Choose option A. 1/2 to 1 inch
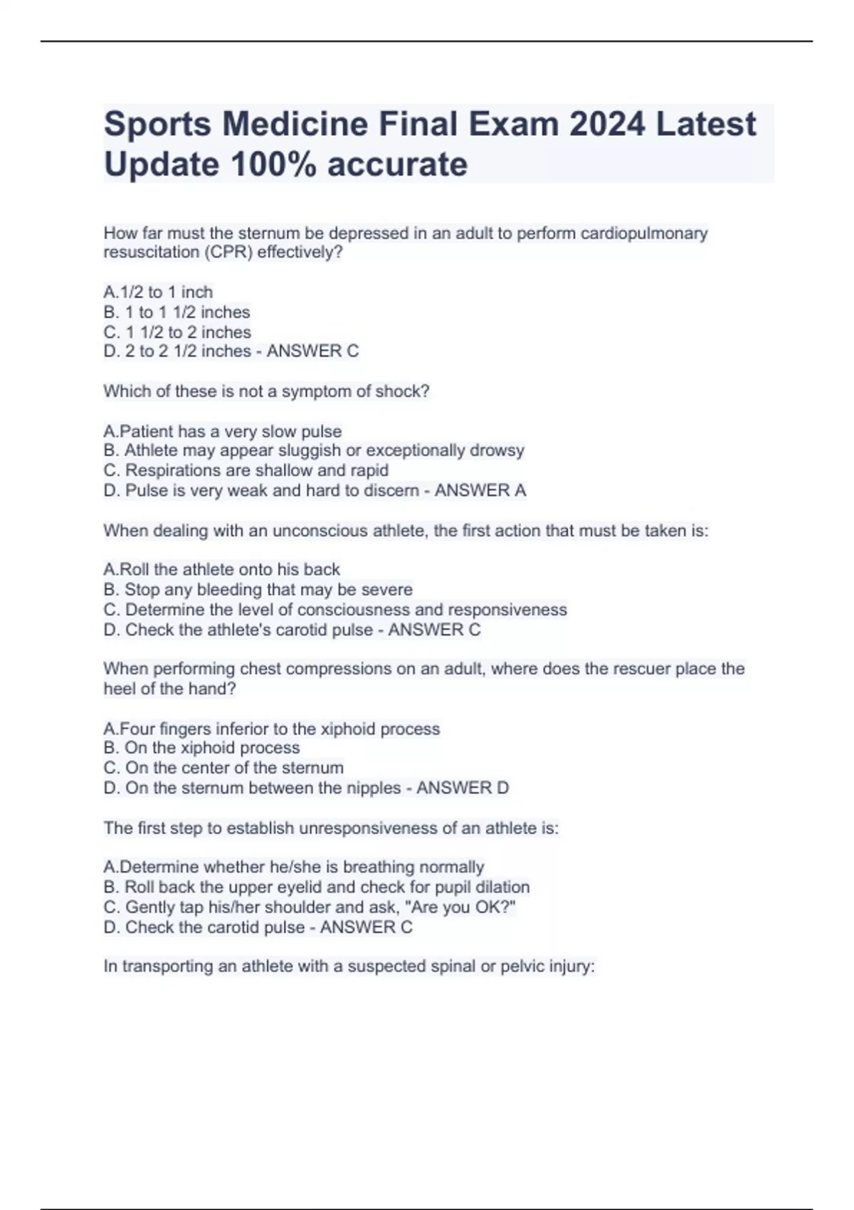pos(158,293)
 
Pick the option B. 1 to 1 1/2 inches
pos(176,312)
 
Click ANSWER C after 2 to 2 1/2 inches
pos(312,352)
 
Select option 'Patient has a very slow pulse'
pos(223,431)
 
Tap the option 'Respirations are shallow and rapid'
pos(246,470)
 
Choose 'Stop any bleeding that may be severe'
pos(258,590)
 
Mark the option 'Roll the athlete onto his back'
pos(222,569)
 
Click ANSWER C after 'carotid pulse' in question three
pos(434,630)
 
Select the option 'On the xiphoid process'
pos(201,748)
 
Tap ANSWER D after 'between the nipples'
pos(463,788)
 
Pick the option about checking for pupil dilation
pos(316,888)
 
